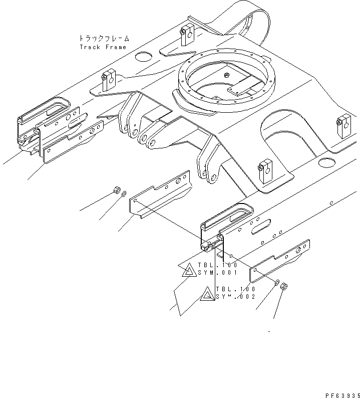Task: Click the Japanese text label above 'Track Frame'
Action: [104, 38]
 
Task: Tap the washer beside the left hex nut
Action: [124, 193]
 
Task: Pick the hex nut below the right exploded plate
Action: [282, 287]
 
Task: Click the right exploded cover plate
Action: [280, 261]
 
